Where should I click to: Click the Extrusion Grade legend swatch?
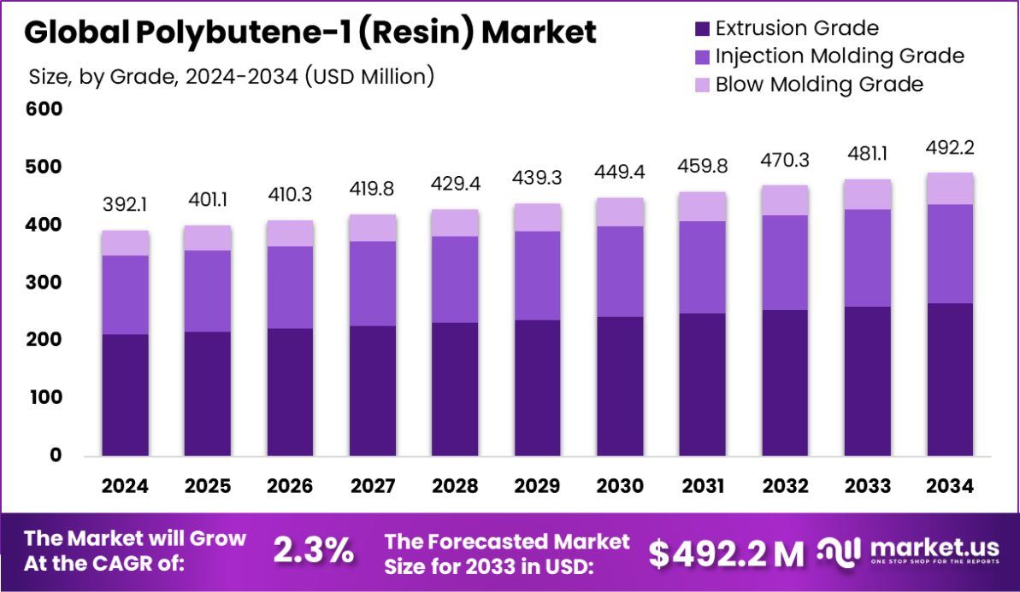coord(703,29)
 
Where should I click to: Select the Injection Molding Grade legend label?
coord(840,56)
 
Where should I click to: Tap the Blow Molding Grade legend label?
coord(819,85)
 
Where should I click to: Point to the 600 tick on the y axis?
coord(44,109)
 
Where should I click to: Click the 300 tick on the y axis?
coord(44,283)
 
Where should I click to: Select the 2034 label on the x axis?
coord(950,486)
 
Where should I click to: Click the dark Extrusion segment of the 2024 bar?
coord(125,395)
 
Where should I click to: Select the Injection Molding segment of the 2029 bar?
coord(538,275)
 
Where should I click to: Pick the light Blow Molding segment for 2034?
coord(950,189)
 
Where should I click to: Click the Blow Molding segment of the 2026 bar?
coord(290,233)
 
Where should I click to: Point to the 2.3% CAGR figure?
coord(313,552)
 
